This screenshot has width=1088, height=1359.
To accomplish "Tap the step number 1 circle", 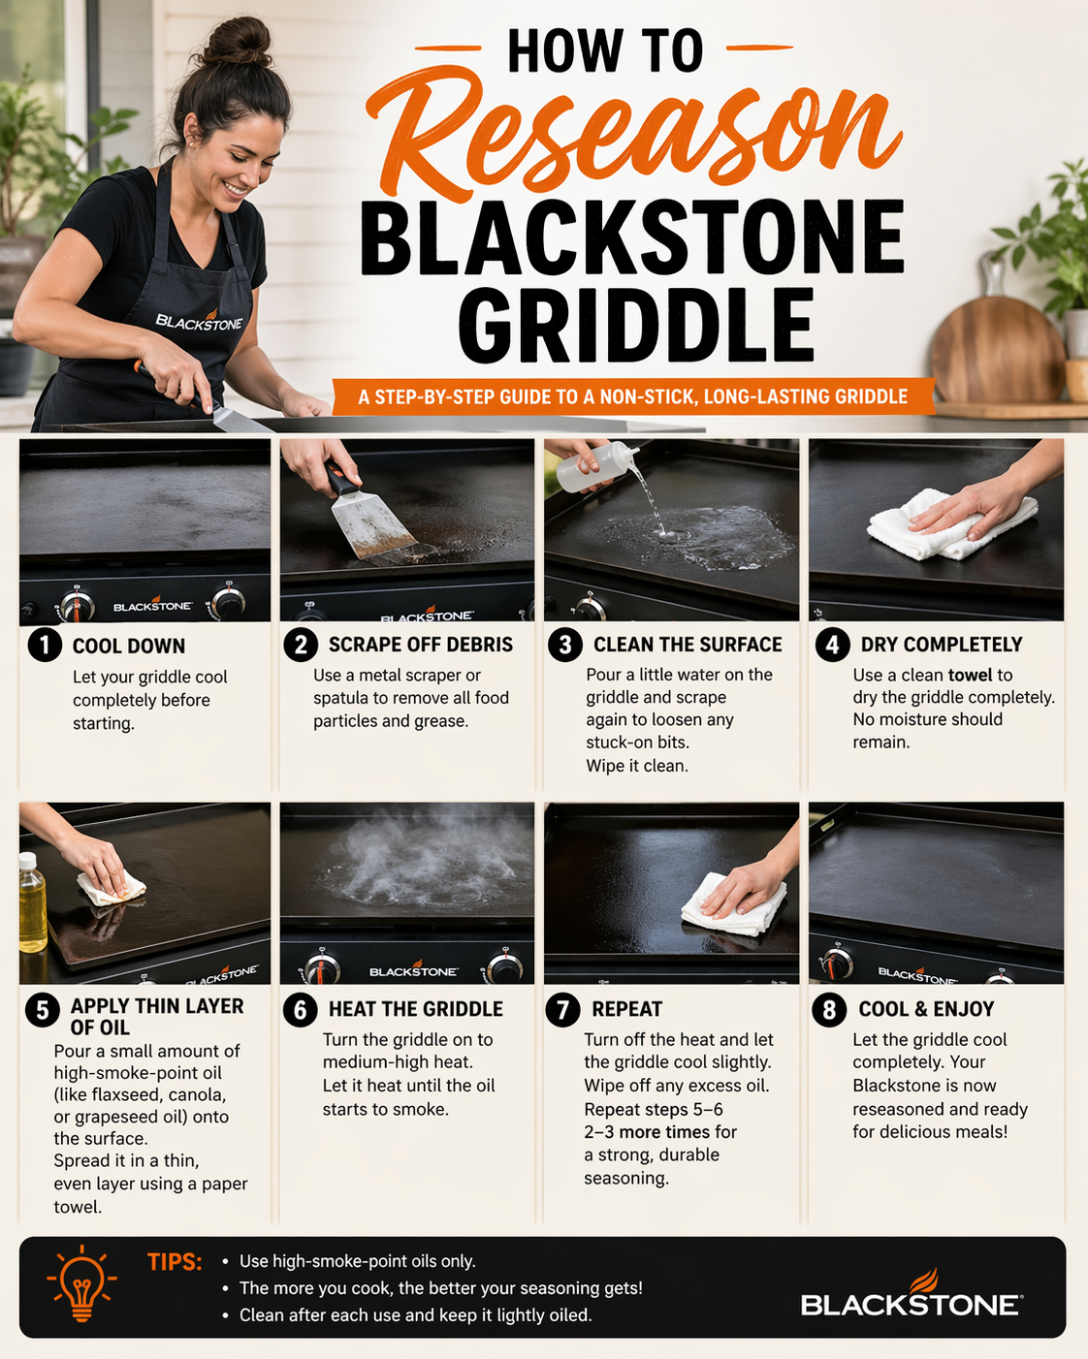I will (x=45, y=646).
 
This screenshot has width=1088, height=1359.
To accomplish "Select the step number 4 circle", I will (x=832, y=645).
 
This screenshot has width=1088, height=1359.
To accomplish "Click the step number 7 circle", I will (x=562, y=1010).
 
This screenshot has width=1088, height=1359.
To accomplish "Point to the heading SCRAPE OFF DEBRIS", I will (x=420, y=645).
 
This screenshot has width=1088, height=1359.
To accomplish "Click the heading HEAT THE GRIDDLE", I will (x=415, y=1009).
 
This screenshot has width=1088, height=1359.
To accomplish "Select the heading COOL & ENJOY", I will (x=926, y=1009).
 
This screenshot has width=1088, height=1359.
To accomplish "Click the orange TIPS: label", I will (x=175, y=1262).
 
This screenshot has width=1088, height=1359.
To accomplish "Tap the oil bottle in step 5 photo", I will (x=32, y=903).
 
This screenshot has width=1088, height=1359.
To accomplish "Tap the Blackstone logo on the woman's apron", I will (x=199, y=322).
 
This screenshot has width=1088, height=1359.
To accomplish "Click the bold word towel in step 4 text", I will (x=970, y=675).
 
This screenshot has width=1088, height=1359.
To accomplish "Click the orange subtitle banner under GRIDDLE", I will (x=632, y=396).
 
